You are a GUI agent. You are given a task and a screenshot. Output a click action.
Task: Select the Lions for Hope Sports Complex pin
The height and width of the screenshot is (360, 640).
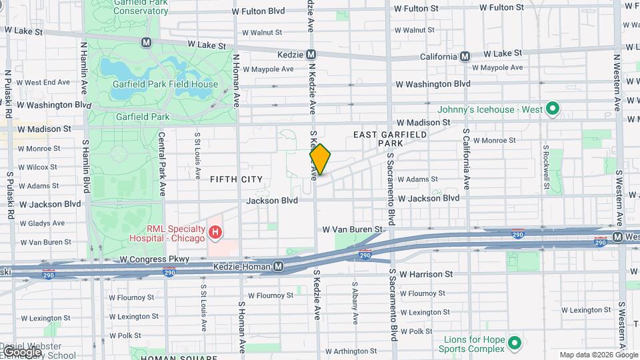coord(514,343)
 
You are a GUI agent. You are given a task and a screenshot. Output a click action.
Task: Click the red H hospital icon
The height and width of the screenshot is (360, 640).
coord(215,233)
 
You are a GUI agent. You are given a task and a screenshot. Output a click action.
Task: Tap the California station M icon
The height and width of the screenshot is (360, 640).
coord(465,57)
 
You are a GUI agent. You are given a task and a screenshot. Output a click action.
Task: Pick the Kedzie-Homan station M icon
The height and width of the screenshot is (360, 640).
coord(279,267)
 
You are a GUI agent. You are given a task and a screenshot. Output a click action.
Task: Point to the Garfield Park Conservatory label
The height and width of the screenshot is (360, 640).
coord(130,7)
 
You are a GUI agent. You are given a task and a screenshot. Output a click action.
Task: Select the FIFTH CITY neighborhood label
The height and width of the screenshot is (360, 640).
coord(236,179)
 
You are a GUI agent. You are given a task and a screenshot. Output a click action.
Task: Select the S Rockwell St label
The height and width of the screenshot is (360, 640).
coord(546,168)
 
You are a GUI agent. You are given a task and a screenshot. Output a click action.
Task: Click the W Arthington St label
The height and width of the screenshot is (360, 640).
coord(346,351)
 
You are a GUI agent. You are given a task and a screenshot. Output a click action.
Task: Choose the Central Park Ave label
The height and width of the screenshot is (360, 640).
coord(162,163)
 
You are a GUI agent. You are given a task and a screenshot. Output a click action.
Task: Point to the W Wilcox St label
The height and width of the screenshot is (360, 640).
coord(38,167)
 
